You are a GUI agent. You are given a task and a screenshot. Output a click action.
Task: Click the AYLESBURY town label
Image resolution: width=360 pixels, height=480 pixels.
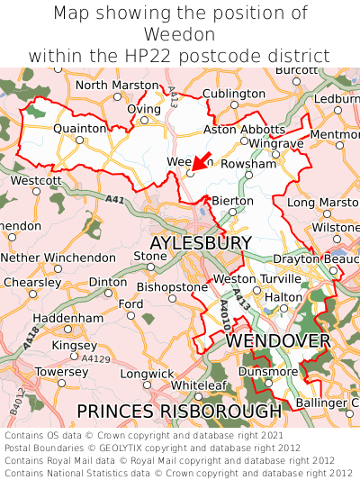pos(201,244)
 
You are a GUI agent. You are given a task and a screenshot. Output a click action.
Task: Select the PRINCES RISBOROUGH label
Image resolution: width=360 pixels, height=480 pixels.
pos(179,411)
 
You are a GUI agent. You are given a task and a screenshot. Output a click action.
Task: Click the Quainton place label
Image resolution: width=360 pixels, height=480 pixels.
pos(79,129)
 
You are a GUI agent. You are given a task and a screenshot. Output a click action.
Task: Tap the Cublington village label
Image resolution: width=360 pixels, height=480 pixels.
pos(234,94)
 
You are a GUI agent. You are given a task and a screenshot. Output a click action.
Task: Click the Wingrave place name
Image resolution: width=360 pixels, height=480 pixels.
pos(276,143)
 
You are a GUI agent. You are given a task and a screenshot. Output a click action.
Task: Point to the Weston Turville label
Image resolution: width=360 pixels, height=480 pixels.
pos(247,279)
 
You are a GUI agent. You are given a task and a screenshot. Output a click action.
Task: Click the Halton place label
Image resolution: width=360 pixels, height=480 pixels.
pos(283,296)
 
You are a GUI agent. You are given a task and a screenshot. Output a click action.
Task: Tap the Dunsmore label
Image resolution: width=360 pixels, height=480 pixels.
pos(268,371)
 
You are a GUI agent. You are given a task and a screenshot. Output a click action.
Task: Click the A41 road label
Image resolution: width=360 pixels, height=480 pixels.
pos(114,200)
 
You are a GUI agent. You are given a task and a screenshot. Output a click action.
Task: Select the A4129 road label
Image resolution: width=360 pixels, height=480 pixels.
pos(95,358)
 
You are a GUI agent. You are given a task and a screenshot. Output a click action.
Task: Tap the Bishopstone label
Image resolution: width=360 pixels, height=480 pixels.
pos(173,287)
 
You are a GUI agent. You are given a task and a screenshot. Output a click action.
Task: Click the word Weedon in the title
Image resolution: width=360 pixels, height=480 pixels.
pos(180,34)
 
